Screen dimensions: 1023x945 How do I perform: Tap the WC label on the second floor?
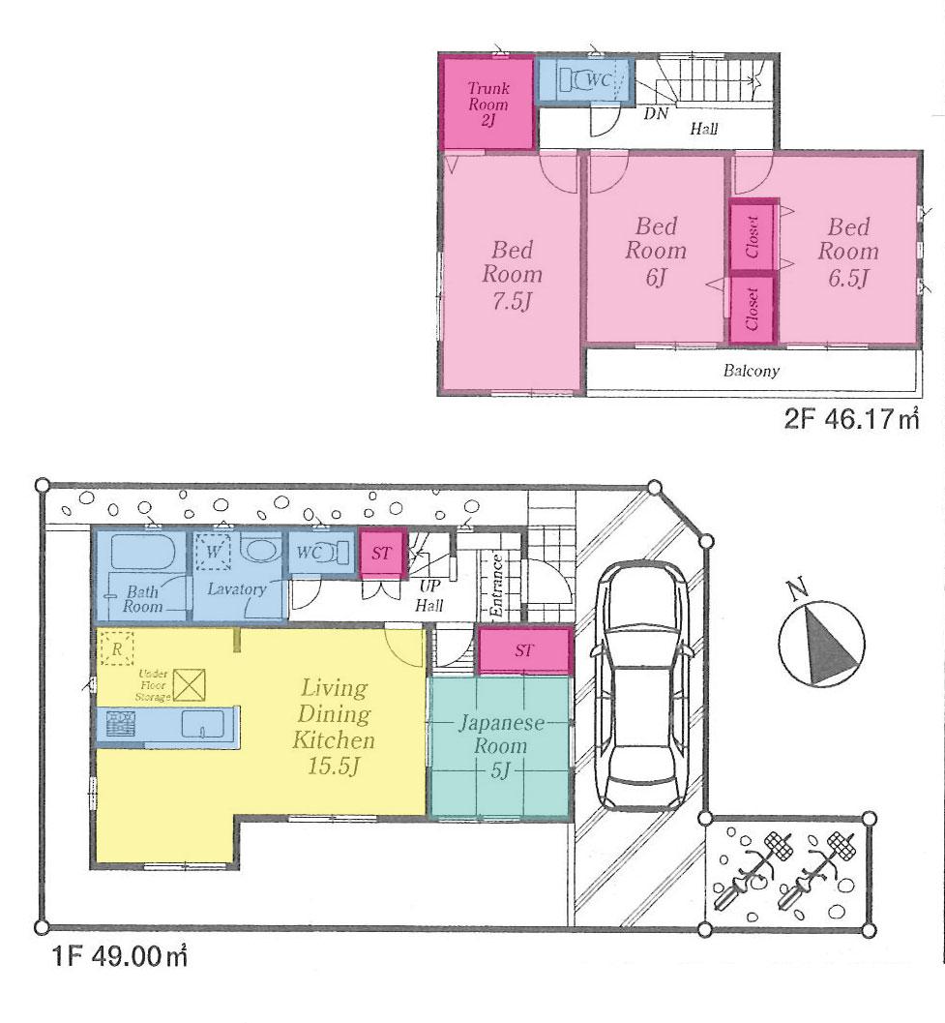point(598,81)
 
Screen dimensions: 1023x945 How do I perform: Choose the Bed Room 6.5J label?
point(848,253)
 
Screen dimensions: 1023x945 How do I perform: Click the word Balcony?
point(752,371)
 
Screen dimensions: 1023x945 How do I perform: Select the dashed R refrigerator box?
point(116,649)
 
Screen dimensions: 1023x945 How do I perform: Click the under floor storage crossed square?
point(190,684)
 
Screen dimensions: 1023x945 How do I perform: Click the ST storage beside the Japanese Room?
point(523,650)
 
